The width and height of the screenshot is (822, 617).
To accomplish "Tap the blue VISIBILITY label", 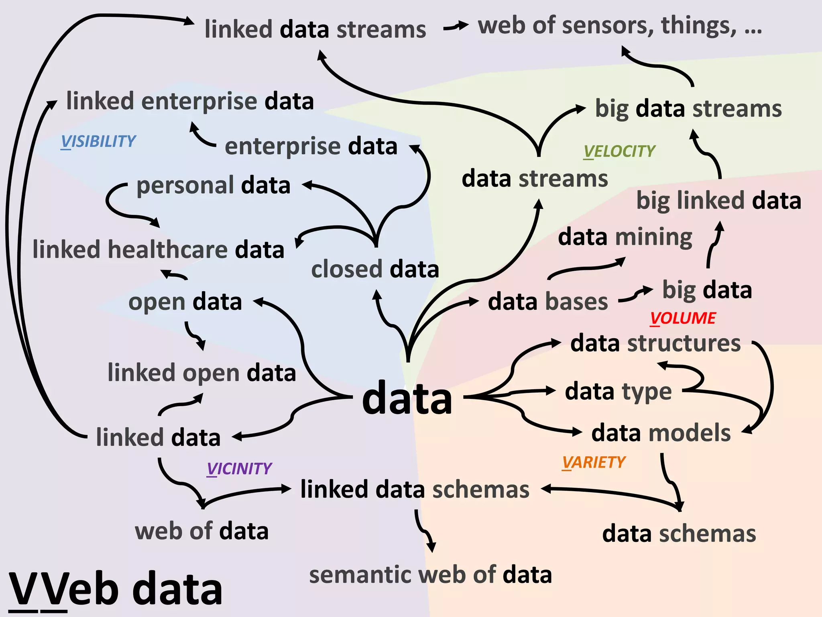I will [x=98, y=141].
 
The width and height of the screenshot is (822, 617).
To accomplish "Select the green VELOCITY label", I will [x=619, y=151].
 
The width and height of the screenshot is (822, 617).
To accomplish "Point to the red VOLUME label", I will [x=683, y=318].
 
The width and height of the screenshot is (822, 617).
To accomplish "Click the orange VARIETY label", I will [x=594, y=462].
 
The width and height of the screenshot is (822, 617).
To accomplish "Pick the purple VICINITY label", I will [x=239, y=469].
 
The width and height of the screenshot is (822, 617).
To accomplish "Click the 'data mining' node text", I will [x=625, y=237].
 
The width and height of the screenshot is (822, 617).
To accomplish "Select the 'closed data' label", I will [x=375, y=269].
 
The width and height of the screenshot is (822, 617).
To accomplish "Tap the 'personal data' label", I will [x=213, y=186].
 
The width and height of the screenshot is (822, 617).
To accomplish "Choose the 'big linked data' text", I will [x=718, y=200].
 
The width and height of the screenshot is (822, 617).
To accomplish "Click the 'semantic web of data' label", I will [x=430, y=574].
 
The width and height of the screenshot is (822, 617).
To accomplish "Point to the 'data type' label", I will [x=618, y=392].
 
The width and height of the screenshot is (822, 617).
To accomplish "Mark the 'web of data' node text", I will [x=201, y=531].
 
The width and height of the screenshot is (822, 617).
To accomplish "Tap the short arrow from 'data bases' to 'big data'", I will [x=635, y=295].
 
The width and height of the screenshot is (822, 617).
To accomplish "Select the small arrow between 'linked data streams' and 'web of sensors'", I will [x=456, y=27].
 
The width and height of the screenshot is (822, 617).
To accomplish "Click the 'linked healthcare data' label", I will [x=158, y=249].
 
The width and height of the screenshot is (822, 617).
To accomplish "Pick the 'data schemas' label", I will [x=679, y=534].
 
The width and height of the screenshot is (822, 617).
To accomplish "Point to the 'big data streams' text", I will [x=688, y=109].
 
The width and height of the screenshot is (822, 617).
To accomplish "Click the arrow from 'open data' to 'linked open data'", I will [x=195, y=335].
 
